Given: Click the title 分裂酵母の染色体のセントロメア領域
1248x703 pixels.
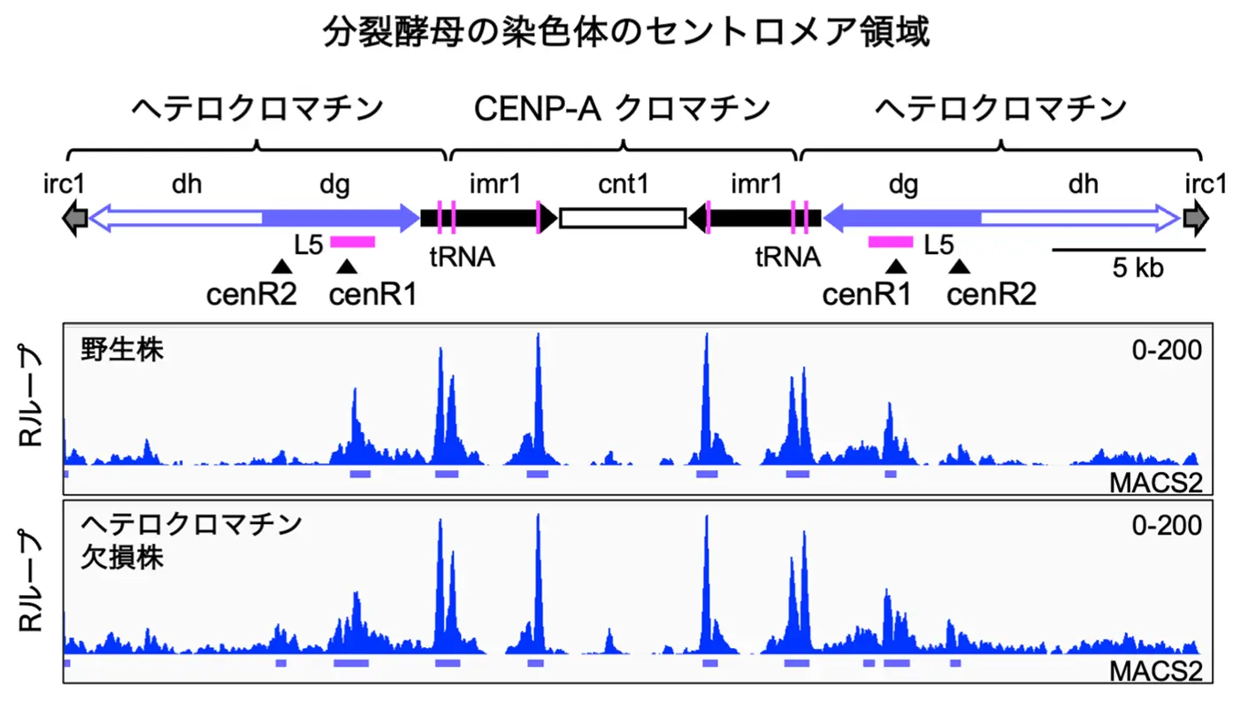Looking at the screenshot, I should coord(623,34).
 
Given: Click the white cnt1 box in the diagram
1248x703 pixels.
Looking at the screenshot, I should coord(623,217).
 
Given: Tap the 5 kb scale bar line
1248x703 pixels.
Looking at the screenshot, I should coord(1128,250).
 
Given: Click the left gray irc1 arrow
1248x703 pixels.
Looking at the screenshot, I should coord(74,217).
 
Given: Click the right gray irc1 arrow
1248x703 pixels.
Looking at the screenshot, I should coord(1197,217).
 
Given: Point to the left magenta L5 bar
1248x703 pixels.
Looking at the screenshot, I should coord(352,241).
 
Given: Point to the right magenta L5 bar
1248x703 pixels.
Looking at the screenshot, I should coord(890,241).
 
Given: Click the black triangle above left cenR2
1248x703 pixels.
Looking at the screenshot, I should coord(280,266).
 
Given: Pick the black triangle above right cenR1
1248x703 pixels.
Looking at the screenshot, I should coord(896,266).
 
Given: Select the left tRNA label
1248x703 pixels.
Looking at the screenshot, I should coord(461,259).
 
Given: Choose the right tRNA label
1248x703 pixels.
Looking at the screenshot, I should coord(787,259).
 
